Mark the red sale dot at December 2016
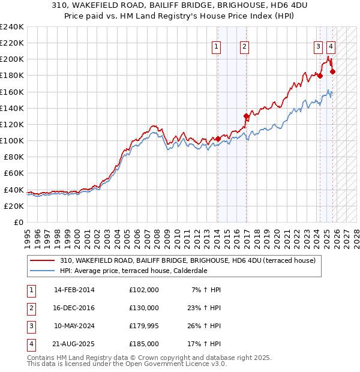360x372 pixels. point(246,116)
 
